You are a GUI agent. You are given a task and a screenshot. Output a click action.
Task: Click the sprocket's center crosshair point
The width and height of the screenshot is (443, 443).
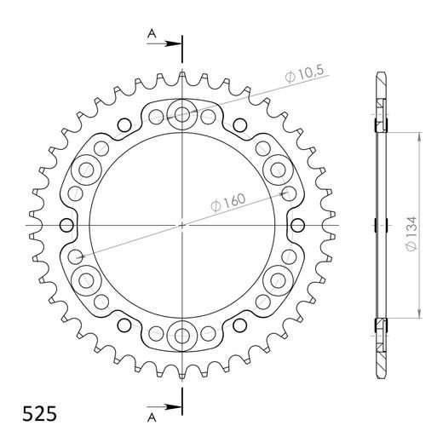[x=182, y=225]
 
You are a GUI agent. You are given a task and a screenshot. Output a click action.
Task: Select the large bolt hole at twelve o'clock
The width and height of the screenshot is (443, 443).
[x=182, y=112]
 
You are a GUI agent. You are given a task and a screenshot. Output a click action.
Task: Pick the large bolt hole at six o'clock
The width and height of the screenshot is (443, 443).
[x=182, y=335]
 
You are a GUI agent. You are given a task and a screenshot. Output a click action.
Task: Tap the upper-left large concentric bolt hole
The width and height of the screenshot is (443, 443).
[x=86, y=170]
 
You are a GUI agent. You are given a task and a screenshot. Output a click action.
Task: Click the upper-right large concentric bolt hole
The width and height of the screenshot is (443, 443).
[x=279, y=170]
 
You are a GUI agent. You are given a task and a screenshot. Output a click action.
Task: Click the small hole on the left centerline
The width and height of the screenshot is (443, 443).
[x=66, y=225]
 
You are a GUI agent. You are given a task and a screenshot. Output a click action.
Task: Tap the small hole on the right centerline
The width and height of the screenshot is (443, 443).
[x=298, y=225]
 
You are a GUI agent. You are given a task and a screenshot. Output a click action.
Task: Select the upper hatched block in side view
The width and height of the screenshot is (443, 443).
[x=379, y=119]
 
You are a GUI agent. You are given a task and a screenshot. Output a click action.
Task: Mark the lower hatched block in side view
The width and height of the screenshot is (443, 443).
[x=379, y=329]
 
